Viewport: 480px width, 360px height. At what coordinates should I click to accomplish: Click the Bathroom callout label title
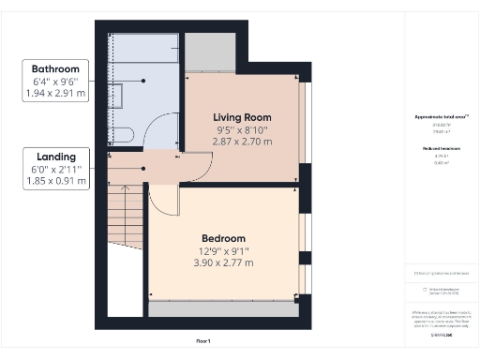click(x=55, y=69)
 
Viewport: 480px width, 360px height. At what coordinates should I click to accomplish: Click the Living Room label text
click(x=242, y=116)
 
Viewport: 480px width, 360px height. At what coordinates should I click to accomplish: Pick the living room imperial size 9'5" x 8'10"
click(x=242, y=129)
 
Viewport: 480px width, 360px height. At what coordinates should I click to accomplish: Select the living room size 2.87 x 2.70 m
click(x=242, y=142)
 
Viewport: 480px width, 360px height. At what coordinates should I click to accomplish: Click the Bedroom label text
click(x=223, y=238)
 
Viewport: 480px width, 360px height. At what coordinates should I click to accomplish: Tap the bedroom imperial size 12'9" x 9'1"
click(x=223, y=251)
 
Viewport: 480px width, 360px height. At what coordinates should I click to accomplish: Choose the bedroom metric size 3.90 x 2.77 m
click(x=223, y=264)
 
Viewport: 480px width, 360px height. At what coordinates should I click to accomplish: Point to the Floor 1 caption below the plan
click(x=202, y=340)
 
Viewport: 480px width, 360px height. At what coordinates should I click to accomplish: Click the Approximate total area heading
click(x=441, y=117)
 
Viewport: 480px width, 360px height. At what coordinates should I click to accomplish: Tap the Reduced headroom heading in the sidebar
click(x=441, y=149)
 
